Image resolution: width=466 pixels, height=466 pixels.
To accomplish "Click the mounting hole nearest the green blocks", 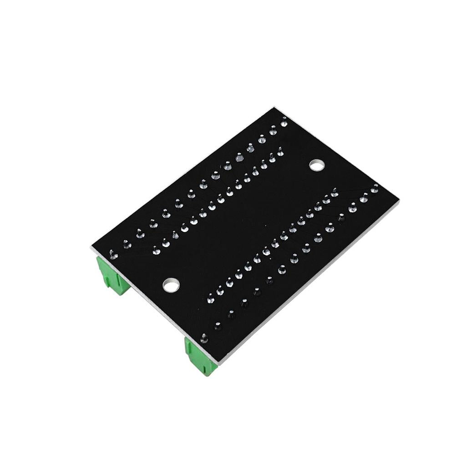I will tap(171, 285).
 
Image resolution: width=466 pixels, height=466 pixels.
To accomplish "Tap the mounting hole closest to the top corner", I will tap(317, 165).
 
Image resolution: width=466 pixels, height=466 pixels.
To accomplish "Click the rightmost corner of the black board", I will tap(399, 202).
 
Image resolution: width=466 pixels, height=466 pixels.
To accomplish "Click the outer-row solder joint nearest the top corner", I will tap(284, 122).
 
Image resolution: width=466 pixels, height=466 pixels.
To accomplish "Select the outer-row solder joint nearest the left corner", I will tap(113, 255).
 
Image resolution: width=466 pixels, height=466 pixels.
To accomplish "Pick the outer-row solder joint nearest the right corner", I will tap(375, 188).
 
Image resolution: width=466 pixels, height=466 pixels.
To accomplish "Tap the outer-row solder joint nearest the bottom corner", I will tap(204, 338).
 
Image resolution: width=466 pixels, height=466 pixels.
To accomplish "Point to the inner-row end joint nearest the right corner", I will tap(334, 193).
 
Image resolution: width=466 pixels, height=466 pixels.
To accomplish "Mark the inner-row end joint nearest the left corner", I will tap(156, 250).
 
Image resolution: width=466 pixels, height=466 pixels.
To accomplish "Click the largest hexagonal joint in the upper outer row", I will tap(238, 159).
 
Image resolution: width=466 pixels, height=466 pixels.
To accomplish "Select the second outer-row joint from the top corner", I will tap(273, 131).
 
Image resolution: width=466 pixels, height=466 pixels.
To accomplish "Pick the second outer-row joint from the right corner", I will tap(364, 198).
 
